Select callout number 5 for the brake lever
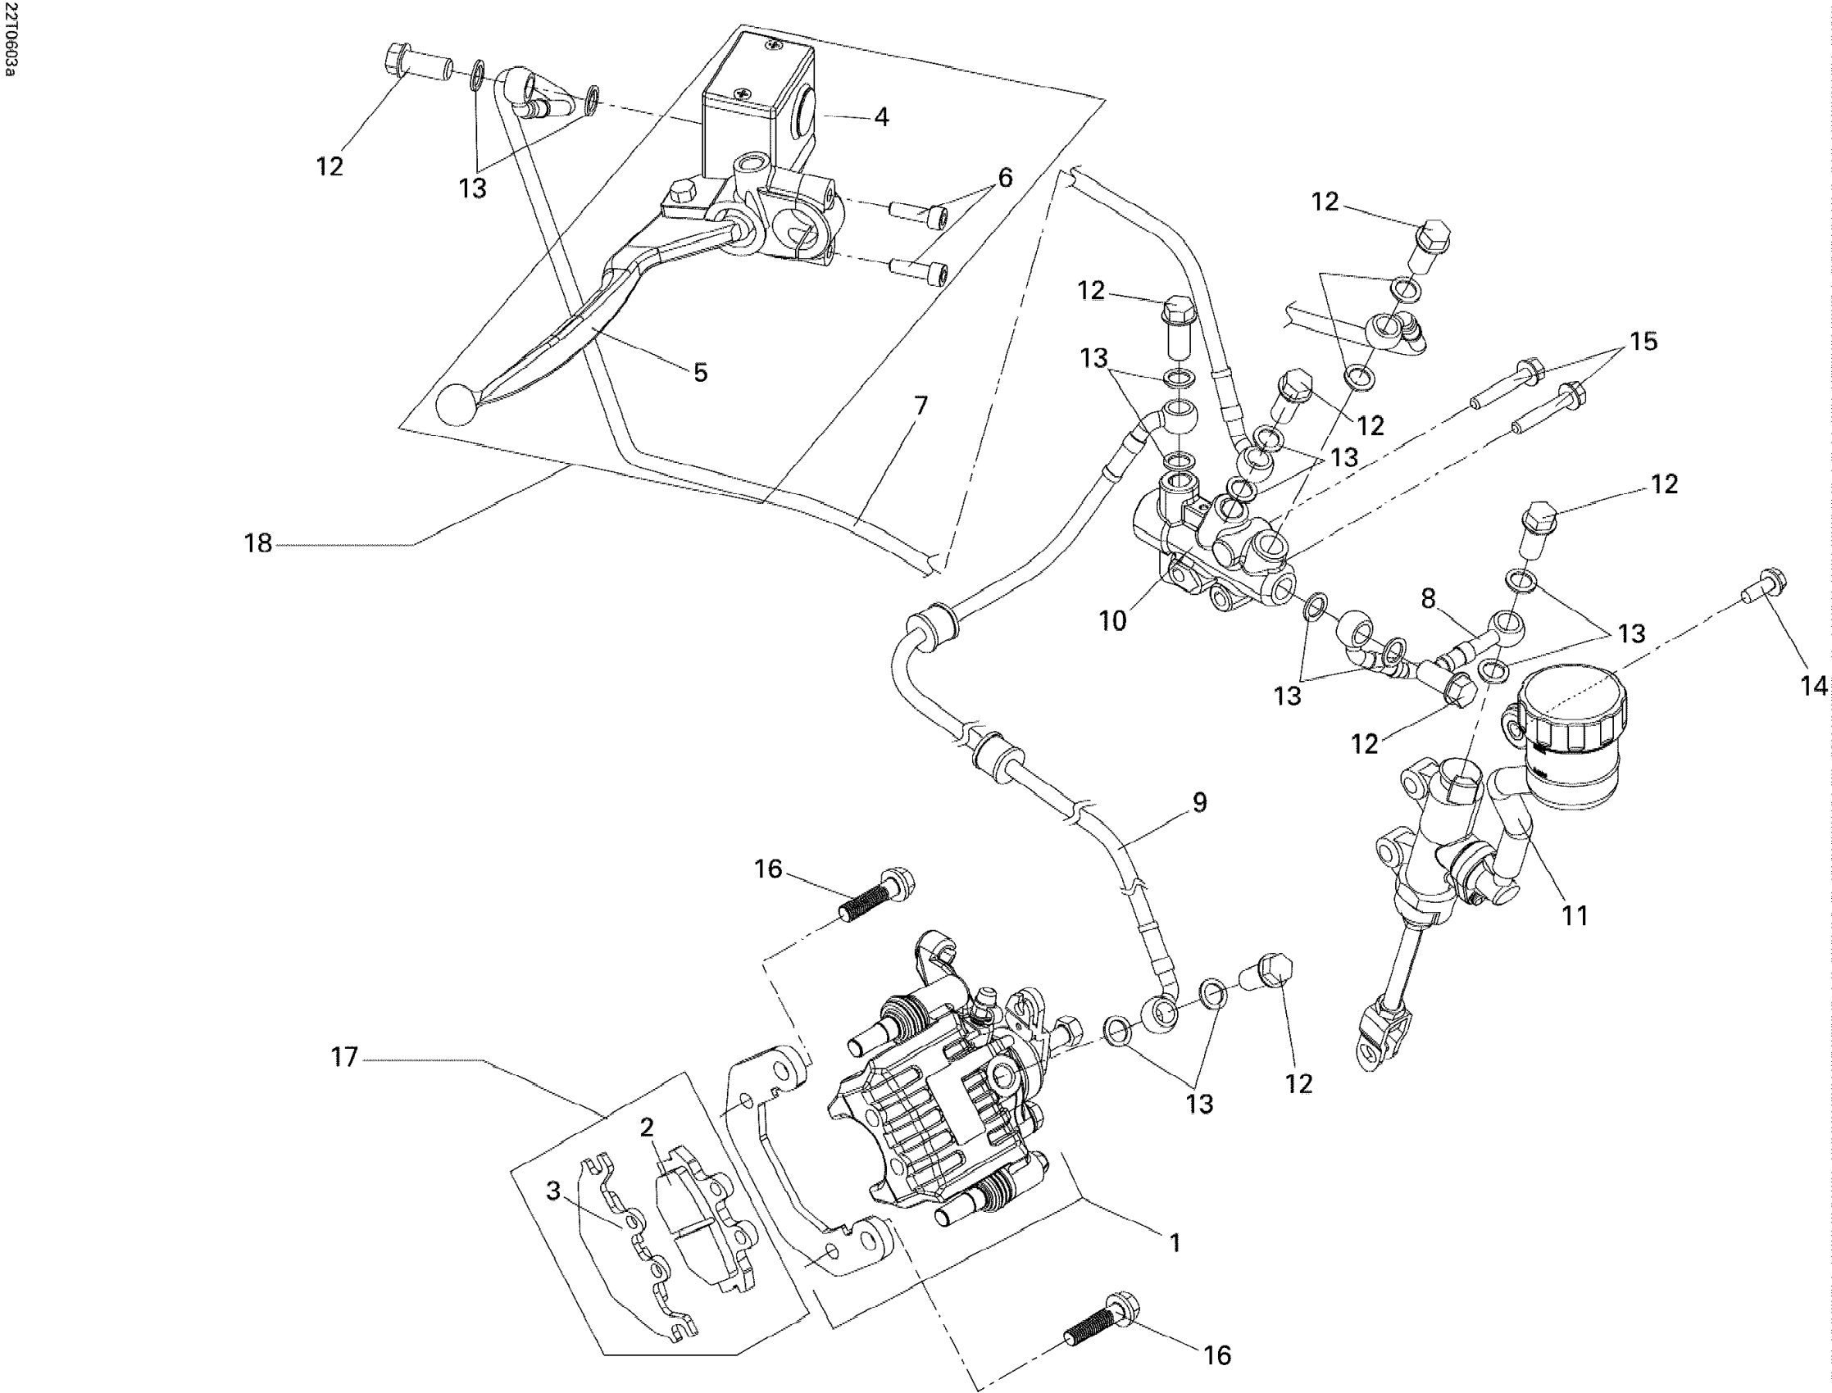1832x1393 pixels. coord(701,372)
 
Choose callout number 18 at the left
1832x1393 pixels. coord(258,544)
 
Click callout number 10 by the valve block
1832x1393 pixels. coord(1113,620)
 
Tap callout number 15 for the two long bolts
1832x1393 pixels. coord(1643,341)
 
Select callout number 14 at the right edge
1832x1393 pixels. coord(1814,686)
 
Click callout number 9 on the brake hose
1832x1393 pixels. coord(1199,802)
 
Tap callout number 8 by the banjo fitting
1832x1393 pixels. coord(1427,599)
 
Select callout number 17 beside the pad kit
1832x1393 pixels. coord(344,1056)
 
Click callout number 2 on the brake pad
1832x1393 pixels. coord(646,1127)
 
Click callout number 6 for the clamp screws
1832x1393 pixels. coord(1005,177)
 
